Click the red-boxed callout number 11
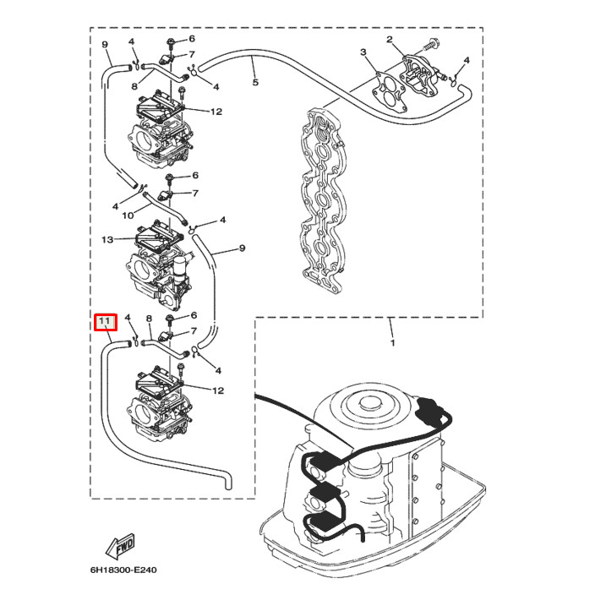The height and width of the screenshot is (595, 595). click(x=105, y=323)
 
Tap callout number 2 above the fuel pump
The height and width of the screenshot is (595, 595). click(x=390, y=40)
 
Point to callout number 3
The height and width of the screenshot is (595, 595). click(x=363, y=53)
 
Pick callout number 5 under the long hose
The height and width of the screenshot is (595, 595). click(x=255, y=83)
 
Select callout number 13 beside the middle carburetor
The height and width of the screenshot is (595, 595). click(x=107, y=240)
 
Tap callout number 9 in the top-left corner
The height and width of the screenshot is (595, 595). click(x=104, y=44)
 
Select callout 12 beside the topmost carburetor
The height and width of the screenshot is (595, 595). click(x=216, y=112)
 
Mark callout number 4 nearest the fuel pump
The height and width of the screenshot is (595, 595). click(x=467, y=61)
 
